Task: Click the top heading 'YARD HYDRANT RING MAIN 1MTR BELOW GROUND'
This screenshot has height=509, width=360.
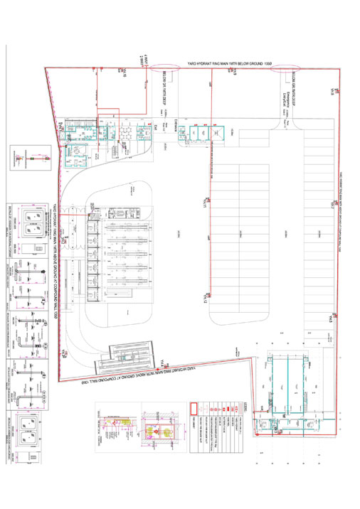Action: tap(230, 64)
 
